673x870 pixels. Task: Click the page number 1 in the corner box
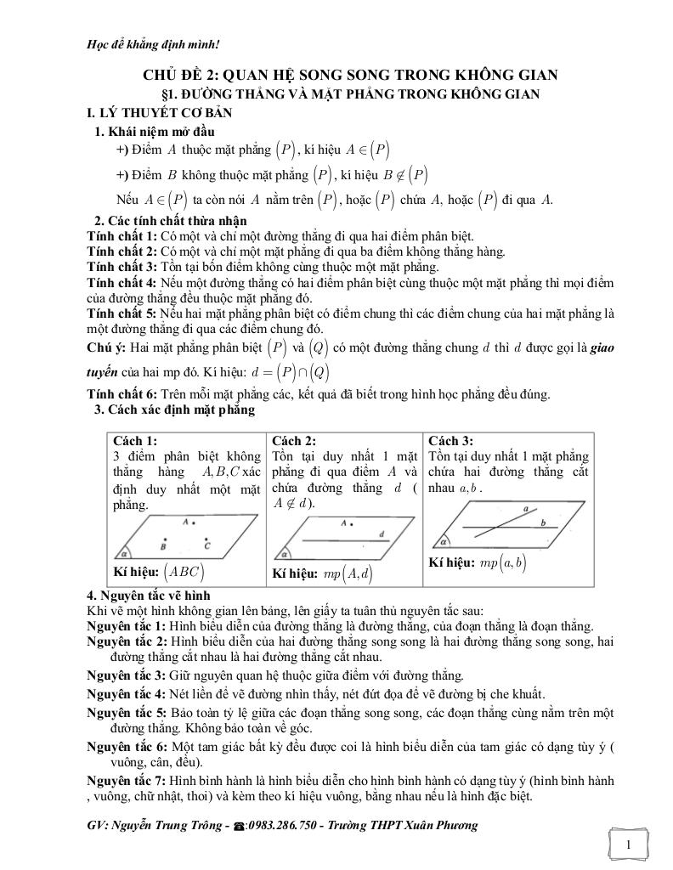click(x=627, y=845)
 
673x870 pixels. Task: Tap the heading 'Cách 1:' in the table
click(x=134, y=441)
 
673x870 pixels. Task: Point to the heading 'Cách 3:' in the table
click(x=450, y=441)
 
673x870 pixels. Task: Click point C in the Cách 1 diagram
click(x=206, y=542)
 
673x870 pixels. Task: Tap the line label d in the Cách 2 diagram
click(x=383, y=534)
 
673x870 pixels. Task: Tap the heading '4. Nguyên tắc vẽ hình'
click(x=149, y=596)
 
